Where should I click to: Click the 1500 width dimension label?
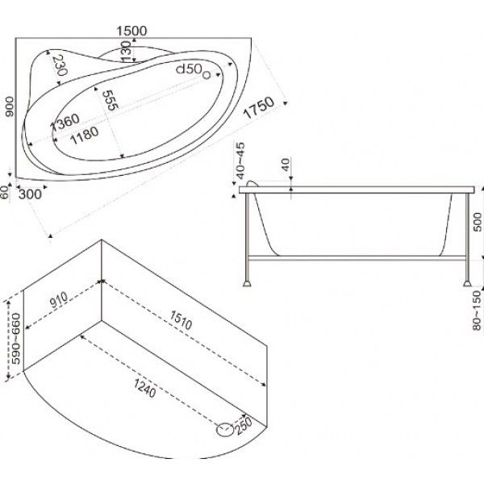[131, 31]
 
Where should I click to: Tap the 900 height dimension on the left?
[10, 106]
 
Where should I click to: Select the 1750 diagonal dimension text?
[259, 107]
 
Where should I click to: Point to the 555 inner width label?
[111, 100]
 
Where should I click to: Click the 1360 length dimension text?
[66, 122]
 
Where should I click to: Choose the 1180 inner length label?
[84, 136]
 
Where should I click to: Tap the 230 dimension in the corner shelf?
[60, 65]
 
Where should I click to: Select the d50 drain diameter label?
[189, 69]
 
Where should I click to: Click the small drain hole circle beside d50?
[207, 75]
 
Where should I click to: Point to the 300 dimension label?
[30, 194]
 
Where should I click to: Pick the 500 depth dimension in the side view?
[478, 222]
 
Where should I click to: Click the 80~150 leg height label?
[478, 311]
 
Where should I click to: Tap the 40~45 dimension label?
[240, 161]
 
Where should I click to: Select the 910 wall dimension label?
[59, 300]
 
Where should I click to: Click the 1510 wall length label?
[181, 319]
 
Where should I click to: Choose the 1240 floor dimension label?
[144, 388]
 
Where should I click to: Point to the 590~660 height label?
[15, 339]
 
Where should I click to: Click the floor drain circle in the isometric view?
[225, 430]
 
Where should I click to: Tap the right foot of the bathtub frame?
[467, 283]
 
